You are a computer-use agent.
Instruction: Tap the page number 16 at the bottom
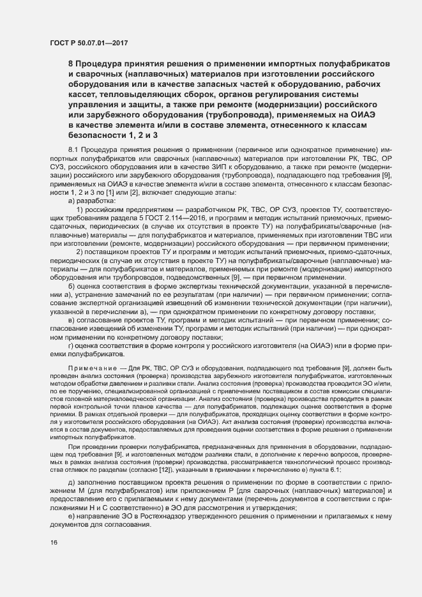pyautogui.click(x=54, y=542)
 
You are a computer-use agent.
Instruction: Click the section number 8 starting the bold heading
pyautogui.click(x=70, y=64)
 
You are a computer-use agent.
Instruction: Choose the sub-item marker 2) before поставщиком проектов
pyautogui.click(x=80, y=269)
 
